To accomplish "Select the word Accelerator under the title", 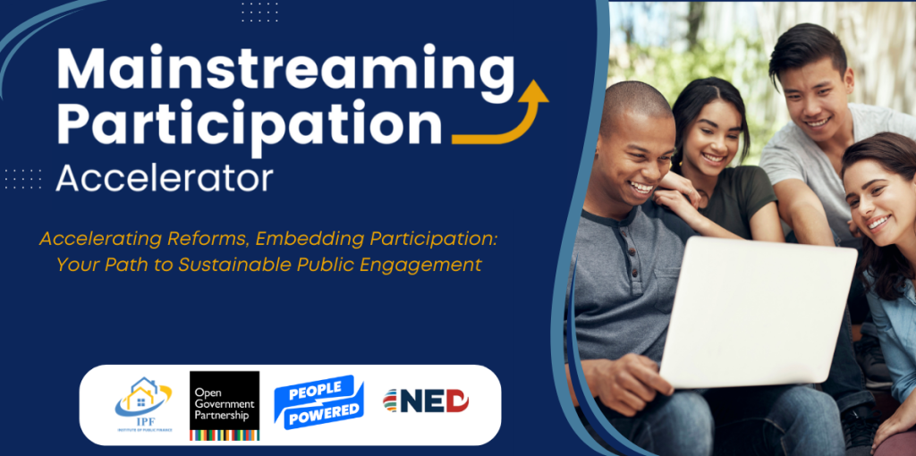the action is (165, 178).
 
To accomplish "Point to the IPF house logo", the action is (143, 404).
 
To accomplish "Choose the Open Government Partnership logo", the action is (225, 405).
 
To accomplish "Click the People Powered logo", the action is (319, 401).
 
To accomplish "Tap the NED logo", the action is (426, 401).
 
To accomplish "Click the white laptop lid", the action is (759, 312).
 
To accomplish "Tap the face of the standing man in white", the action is (815, 98).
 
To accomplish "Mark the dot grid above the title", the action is (260, 12).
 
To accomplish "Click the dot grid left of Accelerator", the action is (22, 179).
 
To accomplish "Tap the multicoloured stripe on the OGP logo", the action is (225, 435).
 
